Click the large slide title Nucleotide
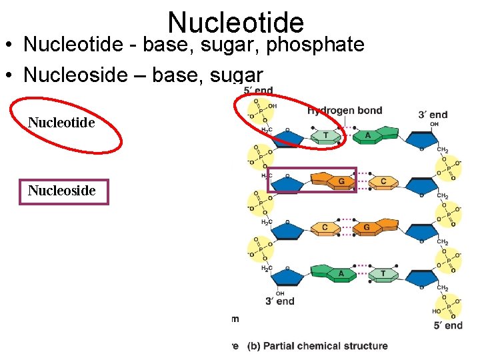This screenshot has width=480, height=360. (236, 22)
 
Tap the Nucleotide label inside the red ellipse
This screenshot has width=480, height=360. (61, 123)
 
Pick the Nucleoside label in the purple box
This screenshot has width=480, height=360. (62, 191)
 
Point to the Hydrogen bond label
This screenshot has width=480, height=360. (345, 110)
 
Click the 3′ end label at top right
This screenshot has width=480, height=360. (433, 115)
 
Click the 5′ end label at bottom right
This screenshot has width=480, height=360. (448, 325)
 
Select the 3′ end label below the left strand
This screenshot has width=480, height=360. (279, 301)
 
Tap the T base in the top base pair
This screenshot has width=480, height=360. (326, 136)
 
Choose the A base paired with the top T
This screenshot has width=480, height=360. (367, 135)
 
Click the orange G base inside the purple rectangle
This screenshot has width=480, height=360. (341, 181)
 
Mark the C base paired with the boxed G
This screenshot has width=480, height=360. (383, 181)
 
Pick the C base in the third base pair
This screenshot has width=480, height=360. (325, 227)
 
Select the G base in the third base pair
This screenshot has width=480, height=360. (366, 227)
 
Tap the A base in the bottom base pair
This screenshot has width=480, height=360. (341, 273)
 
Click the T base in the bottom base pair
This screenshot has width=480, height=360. (383, 273)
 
